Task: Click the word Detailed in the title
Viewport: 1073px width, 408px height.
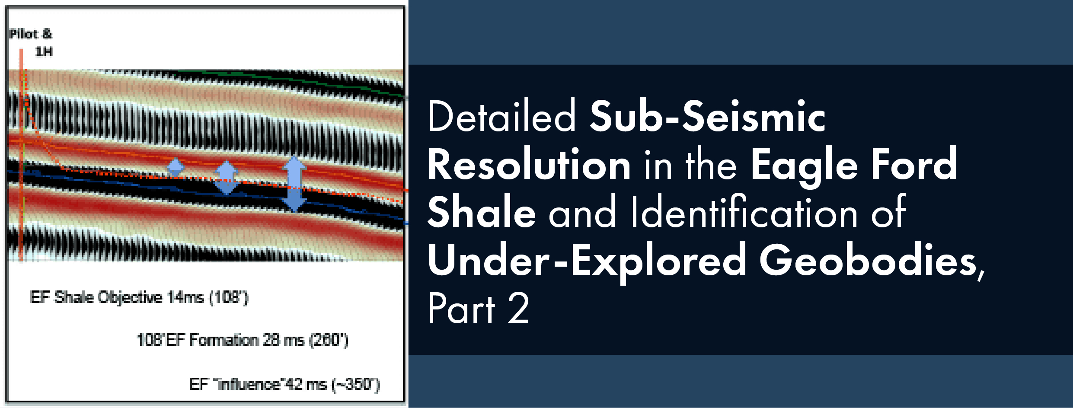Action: [501, 116]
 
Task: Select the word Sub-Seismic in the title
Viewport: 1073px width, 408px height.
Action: [708, 116]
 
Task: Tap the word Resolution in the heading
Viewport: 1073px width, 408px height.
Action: [529, 165]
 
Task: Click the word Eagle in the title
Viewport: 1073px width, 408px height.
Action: [804, 165]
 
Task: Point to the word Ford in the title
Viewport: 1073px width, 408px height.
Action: [914, 165]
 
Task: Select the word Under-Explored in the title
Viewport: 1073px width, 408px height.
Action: [587, 261]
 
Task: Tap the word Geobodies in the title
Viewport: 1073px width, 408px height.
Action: [869, 261]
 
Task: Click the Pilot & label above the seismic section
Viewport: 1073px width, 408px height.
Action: [31, 34]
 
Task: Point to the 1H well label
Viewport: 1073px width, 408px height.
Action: [44, 52]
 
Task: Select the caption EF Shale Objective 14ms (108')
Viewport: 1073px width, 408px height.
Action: [139, 297]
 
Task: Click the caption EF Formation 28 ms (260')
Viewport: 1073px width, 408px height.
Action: [243, 340]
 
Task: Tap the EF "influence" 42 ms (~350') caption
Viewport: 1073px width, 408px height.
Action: [284, 384]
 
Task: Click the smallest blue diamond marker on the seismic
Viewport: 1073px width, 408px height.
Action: [175, 167]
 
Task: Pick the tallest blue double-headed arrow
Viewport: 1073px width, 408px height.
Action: [294, 183]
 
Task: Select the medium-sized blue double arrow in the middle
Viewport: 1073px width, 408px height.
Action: [226, 177]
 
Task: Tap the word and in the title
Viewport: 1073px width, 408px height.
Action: [582, 212]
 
